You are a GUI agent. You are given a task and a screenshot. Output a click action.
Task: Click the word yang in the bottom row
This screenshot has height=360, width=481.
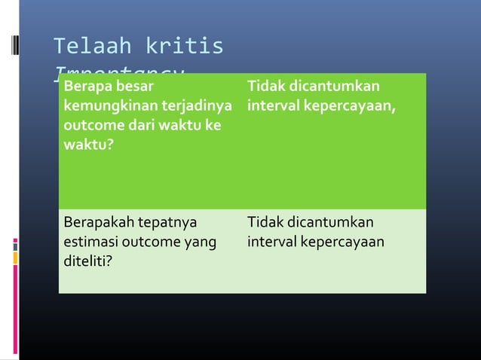201,243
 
